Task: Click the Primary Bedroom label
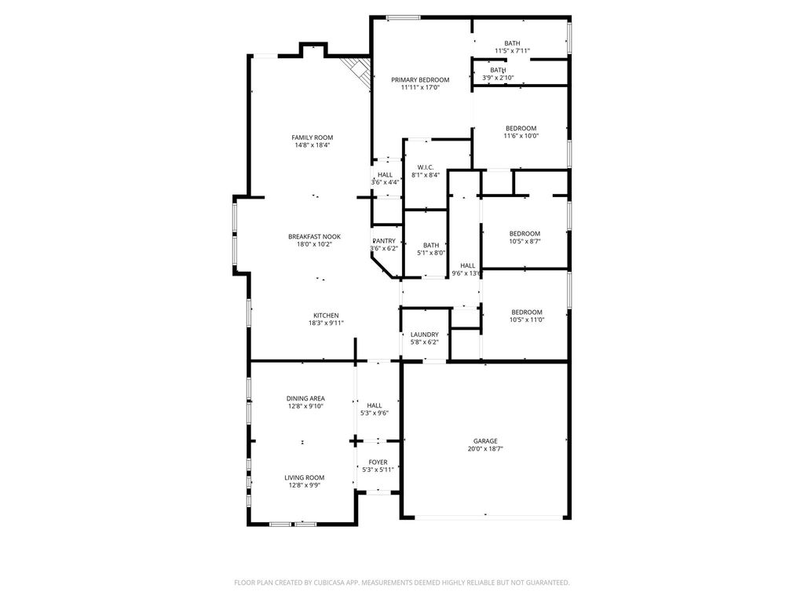(x=420, y=79)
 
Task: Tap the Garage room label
(x=485, y=441)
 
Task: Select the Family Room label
(x=312, y=137)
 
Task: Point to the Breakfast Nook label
(x=314, y=236)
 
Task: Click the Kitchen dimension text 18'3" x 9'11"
(x=326, y=323)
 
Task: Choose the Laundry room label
(x=425, y=334)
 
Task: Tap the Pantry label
(x=384, y=241)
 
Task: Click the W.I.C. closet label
(x=426, y=167)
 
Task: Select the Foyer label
(x=378, y=462)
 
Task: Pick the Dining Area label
(x=305, y=398)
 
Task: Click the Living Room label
(x=305, y=477)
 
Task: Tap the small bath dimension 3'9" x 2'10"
(x=498, y=78)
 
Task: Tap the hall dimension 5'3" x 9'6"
(x=375, y=413)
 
